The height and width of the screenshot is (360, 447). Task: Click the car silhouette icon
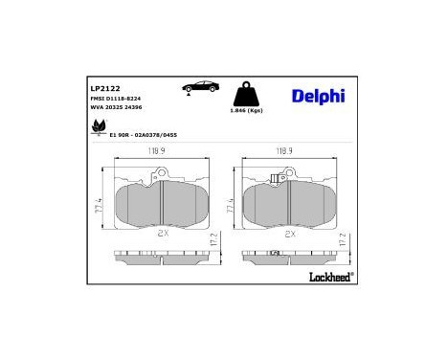coord(199,87)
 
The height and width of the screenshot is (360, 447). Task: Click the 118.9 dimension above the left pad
coord(157,151)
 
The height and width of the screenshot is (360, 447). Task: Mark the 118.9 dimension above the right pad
coord(284,151)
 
